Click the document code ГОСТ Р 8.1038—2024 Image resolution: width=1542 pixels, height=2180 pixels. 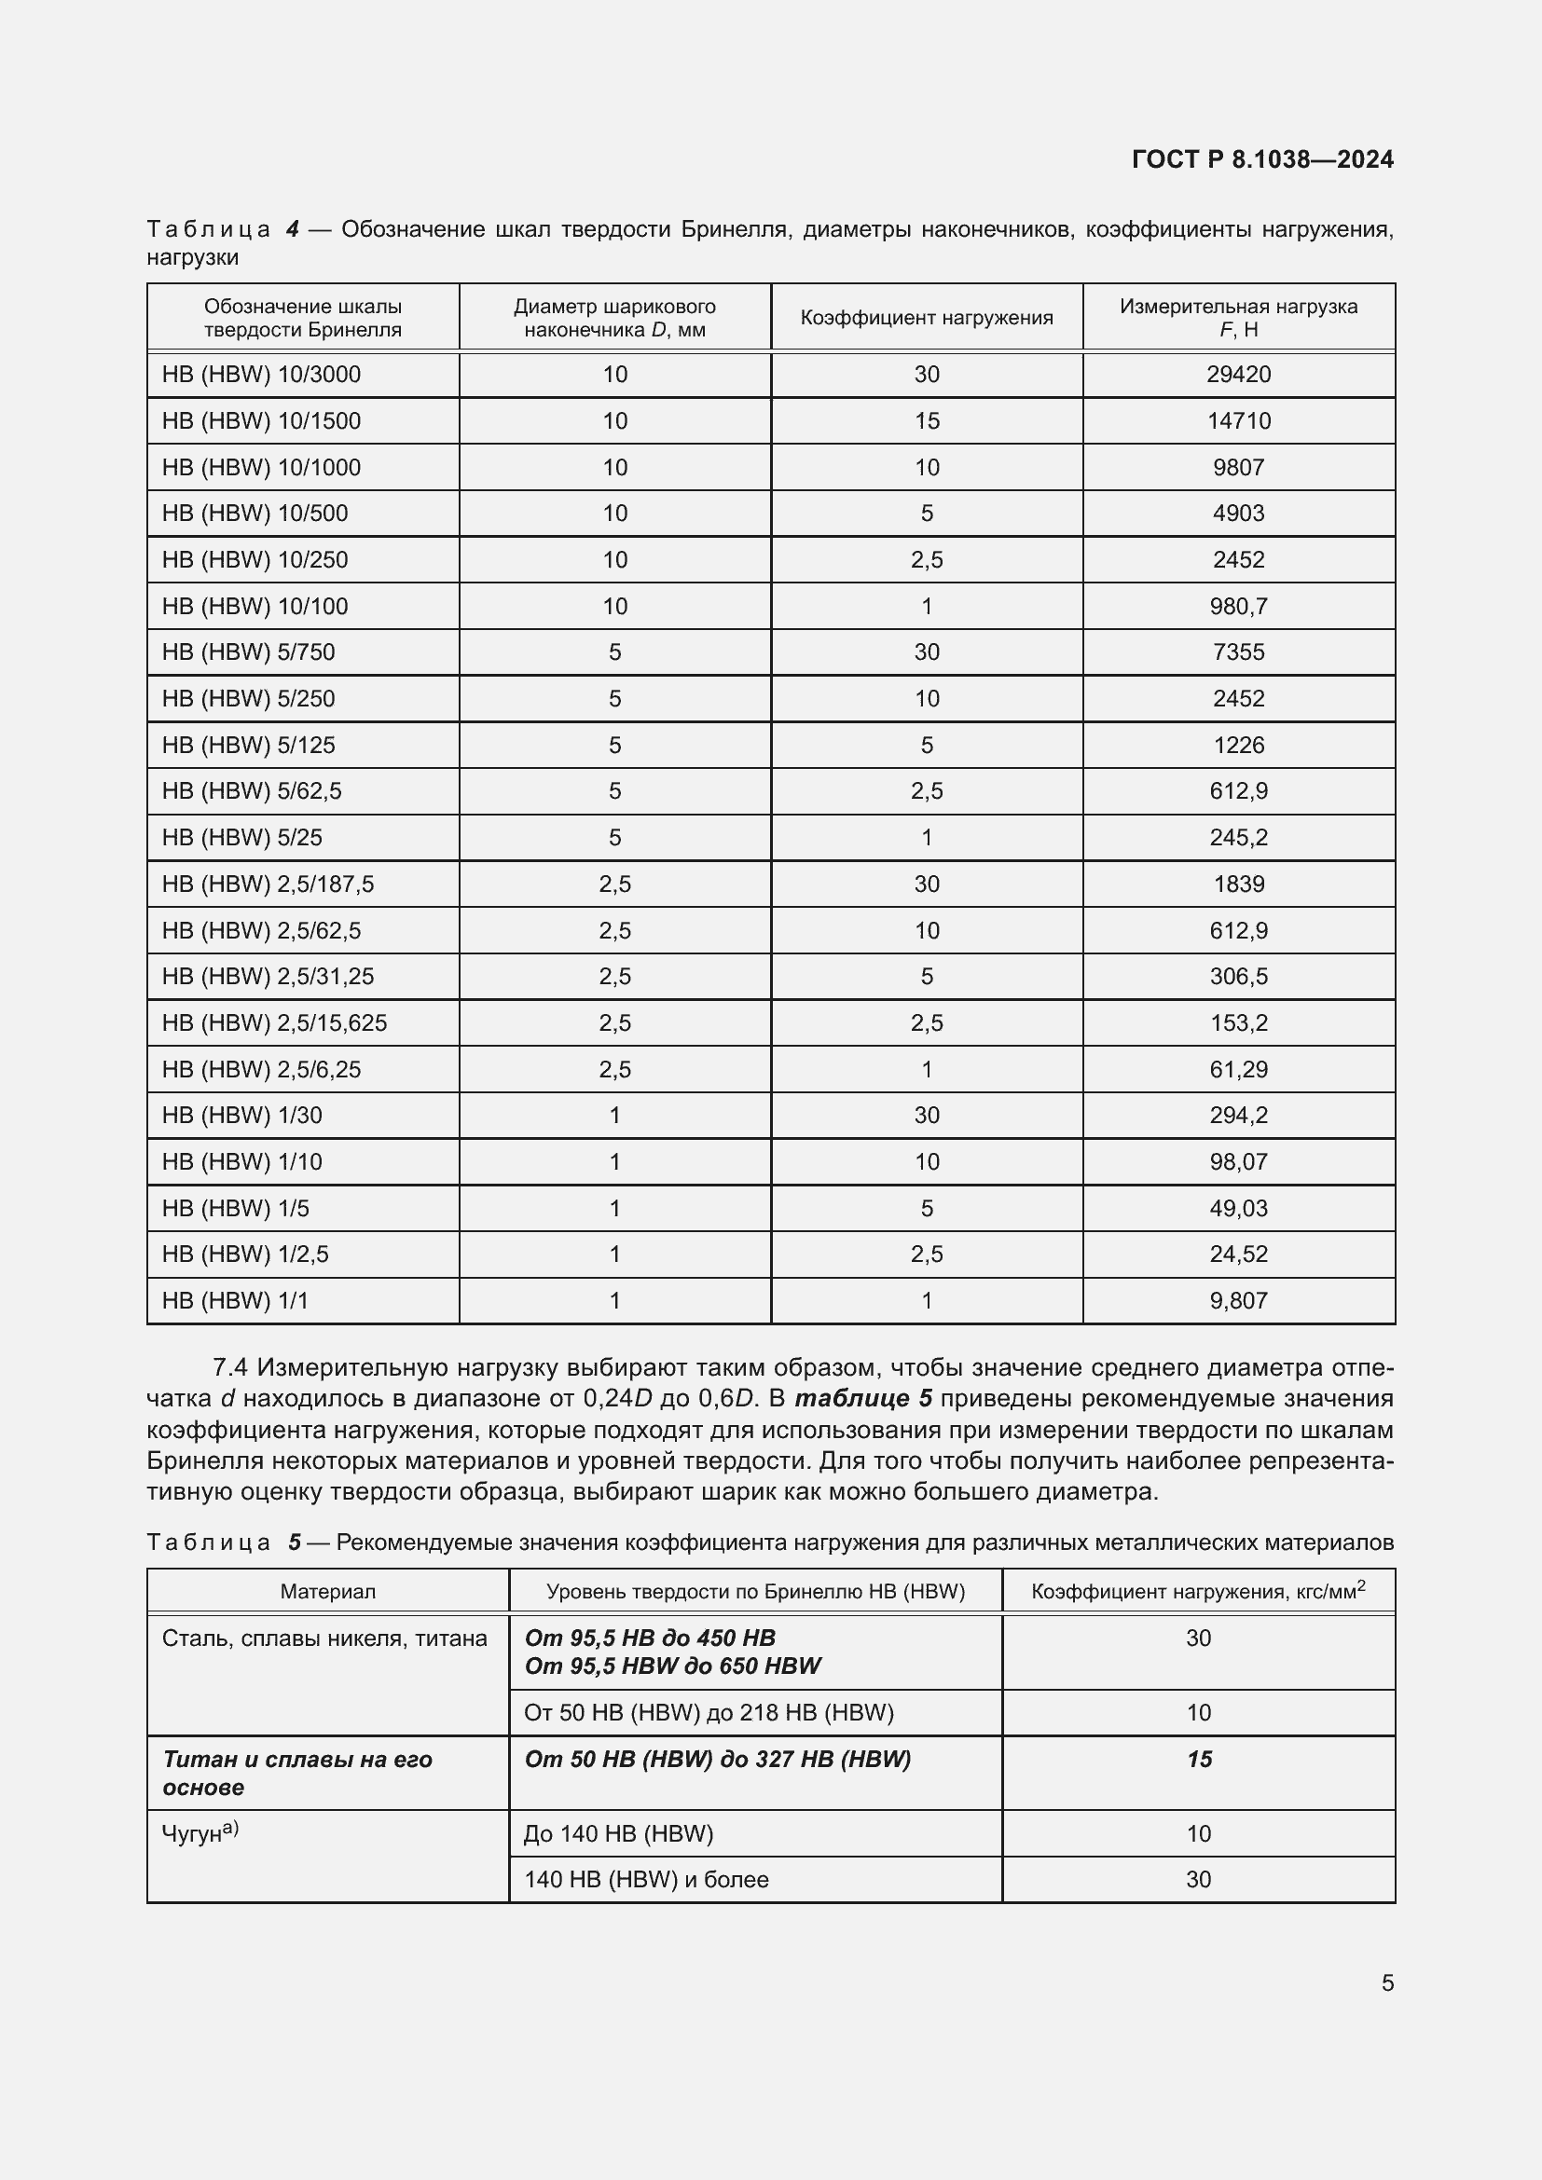point(1262,159)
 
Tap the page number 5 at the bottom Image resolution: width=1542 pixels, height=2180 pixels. point(1387,1982)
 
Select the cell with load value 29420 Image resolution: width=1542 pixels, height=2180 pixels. point(1238,374)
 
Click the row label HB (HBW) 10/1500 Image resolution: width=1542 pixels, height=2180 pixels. point(261,420)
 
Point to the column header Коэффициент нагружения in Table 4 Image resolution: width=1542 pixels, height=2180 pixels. point(926,318)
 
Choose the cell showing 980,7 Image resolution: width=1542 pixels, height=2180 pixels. point(1238,606)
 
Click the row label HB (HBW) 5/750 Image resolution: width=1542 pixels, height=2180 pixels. point(248,652)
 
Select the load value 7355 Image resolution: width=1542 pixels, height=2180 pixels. point(1238,652)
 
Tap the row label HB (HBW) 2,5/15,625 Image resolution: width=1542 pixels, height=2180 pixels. point(274,1022)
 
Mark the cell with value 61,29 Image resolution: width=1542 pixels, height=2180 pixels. point(1238,1069)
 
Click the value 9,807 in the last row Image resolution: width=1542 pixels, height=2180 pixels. point(1238,1301)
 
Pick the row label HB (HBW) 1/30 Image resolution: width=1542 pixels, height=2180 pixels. point(242,1116)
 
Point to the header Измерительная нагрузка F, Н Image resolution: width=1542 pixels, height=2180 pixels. point(1238,318)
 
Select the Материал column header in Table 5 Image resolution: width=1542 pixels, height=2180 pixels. point(327,1592)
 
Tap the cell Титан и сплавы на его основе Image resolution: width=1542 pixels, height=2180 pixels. point(297,1773)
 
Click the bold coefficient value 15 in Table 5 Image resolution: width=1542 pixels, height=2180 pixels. point(1198,1760)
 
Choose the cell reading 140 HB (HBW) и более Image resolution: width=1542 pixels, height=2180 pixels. point(646,1879)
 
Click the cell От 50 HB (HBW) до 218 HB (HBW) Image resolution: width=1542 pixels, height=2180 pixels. point(709,1713)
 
